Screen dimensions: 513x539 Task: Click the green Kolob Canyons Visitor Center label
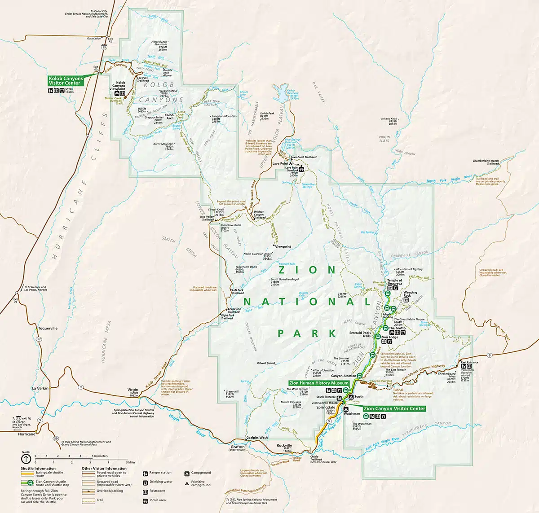click(66, 81)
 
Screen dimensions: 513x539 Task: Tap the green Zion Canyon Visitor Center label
click(394, 409)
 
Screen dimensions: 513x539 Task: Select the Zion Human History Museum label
click(319, 383)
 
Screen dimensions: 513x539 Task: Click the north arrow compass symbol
click(26, 459)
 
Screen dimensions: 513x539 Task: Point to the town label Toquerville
click(48, 328)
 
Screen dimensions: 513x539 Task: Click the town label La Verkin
click(40, 388)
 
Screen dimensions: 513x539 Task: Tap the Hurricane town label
click(26, 434)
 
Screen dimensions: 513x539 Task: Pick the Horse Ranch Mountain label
click(159, 44)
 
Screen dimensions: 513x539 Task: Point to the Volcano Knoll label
click(389, 119)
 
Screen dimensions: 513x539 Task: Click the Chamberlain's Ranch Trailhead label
click(486, 162)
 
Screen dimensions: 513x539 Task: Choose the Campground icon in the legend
click(186, 473)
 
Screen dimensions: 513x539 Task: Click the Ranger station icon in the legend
click(146, 473)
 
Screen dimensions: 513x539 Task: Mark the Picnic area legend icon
click(146, 500)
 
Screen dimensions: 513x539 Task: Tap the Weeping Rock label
click(410, 294)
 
